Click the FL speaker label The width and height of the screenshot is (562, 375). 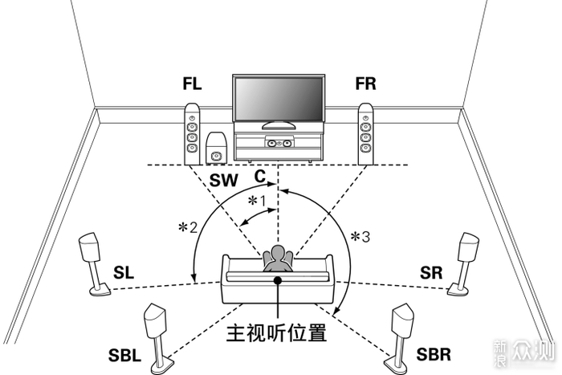(x=192, y=84)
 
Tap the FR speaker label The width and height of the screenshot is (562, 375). (x=365, y=84)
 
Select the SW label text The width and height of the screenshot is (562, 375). (x=224, y=180)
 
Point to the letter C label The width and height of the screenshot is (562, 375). (x=260, y=176)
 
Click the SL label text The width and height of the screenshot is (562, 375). (x=124, y=272)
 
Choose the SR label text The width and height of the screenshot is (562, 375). (x=431, y=273)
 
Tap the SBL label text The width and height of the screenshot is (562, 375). (x=124, y=355)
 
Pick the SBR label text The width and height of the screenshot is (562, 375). (x=434, y=354)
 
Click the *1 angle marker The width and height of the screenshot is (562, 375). (x=258, y=201)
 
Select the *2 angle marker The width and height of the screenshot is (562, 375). (x=188, y=227)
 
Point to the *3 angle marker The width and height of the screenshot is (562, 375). (x=360, y=237)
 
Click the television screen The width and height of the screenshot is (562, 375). (x=279, y=99)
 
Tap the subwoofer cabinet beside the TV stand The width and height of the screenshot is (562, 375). (x=216, y=148)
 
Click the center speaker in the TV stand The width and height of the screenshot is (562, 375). (x=279, y=143)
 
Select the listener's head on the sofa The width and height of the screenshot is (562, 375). (x=278, y=253)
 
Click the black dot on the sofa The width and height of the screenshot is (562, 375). (x=278, y=280)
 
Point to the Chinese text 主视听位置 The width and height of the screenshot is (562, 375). (x=276, y=332)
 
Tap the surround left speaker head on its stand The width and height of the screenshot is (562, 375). (x=90, y=247)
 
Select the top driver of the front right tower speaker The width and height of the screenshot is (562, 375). (x=365, y=118)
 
